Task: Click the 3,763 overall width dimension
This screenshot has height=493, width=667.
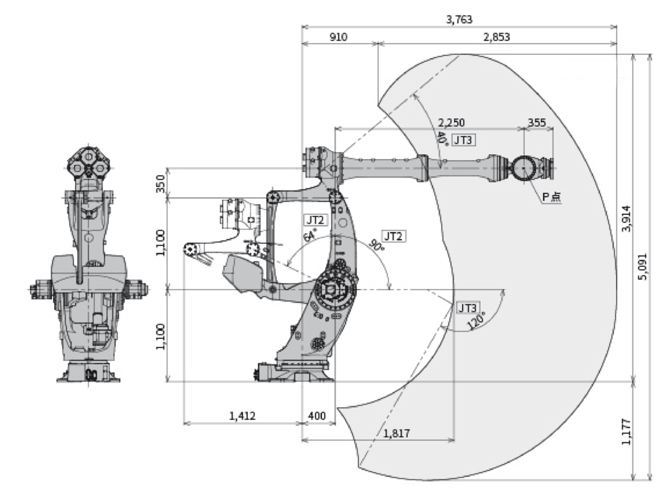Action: coord(459,20)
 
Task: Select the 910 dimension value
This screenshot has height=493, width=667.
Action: coord(339,37)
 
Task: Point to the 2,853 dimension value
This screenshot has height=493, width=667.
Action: coord(496,37)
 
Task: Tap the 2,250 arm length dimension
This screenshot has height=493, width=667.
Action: coord(451,123)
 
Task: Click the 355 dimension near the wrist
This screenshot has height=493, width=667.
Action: coord(537,123)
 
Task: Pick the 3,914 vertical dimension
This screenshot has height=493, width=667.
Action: coord(626,218)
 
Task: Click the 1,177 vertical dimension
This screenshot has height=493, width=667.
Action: coord(626,431)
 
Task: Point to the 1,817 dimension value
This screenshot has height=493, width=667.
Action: coord(397,433)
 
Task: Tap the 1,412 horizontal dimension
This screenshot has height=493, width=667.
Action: coord(243,415)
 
